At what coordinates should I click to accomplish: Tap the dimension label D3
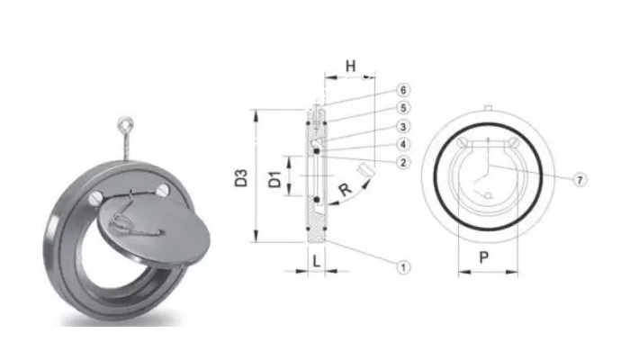tap(240, 177)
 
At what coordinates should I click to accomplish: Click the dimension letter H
tap(351, 66)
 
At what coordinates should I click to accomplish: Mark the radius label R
tap(345, 189)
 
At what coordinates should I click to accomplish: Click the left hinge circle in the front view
tap(463, 144)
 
